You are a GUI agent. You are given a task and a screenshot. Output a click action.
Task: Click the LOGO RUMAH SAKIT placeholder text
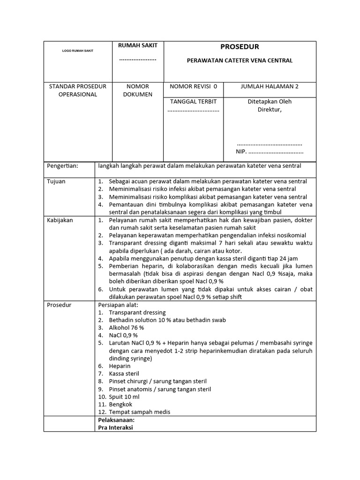[78, 51]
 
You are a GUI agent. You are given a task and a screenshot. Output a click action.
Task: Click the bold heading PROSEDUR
[240, 47]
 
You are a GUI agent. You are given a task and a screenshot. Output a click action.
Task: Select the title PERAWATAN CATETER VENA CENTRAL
[240, 60]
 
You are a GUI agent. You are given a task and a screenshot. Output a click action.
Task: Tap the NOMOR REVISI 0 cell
[194, 86]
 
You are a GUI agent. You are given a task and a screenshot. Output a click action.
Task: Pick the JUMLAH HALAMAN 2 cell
[270, 86]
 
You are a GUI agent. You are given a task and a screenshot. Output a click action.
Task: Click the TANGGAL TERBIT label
[193, 101]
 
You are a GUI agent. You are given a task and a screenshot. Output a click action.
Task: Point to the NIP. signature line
[270, 152]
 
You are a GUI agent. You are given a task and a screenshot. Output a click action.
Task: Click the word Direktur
[270, 110]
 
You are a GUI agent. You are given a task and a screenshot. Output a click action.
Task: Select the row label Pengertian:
[63, 166]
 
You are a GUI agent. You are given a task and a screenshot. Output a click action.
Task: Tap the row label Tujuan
[56, 181]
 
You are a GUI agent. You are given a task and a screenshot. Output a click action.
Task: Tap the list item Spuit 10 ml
[124, 397]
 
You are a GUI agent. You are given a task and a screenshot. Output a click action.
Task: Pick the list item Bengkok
[120, 404]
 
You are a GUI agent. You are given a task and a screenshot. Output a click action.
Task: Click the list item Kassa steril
[124, 374]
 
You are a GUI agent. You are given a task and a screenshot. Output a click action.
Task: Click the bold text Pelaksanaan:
[116, 420]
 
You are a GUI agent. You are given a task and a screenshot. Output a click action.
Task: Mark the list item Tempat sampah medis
[139, 412]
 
